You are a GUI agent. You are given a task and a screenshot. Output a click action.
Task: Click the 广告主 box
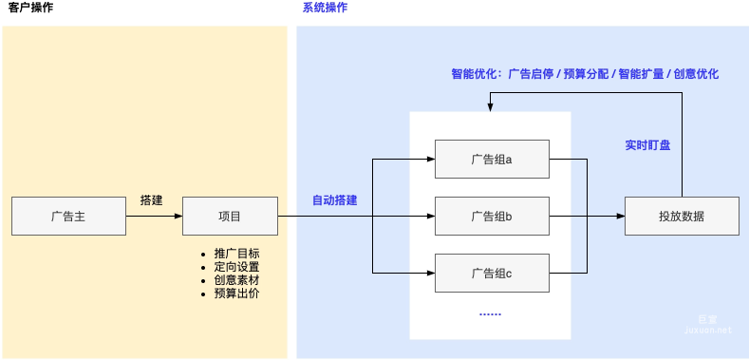click(x=68, y=217)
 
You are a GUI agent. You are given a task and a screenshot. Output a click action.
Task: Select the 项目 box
click(x=230, y=217)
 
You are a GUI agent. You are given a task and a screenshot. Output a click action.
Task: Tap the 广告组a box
click(x=491, y=160)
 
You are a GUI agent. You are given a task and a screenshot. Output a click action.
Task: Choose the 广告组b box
click(x=491, y=217)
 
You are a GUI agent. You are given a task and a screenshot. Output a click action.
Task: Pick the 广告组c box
click(x=491, y=274)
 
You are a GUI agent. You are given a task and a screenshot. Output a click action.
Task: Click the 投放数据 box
click(x=682, y=217)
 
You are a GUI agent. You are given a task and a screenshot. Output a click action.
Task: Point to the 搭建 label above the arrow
click(x=152, y=200)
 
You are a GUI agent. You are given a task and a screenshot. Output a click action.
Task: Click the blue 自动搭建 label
click(x=335, y=200)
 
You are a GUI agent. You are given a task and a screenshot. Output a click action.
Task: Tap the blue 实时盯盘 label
click(x=647, y=145)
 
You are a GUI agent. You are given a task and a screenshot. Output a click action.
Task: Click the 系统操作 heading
click(x=325, y=9)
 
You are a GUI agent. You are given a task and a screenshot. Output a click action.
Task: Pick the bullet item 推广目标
click(x=236, y=254)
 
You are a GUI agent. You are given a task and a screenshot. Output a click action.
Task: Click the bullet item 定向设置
click(x=236, y=267)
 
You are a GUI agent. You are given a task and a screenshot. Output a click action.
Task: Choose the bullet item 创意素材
click(x=236, y=280)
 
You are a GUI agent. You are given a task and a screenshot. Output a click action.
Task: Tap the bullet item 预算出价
click(x=236, y=294)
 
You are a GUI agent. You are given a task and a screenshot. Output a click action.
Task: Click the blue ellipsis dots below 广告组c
click(x=490, y=313)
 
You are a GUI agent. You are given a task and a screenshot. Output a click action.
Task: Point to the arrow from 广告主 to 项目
click(x=153, y=217)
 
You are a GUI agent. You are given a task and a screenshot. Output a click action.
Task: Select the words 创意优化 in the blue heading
click(x=696, y=73)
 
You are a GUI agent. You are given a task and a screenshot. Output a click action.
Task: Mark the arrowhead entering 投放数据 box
click(x=620, y=217)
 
